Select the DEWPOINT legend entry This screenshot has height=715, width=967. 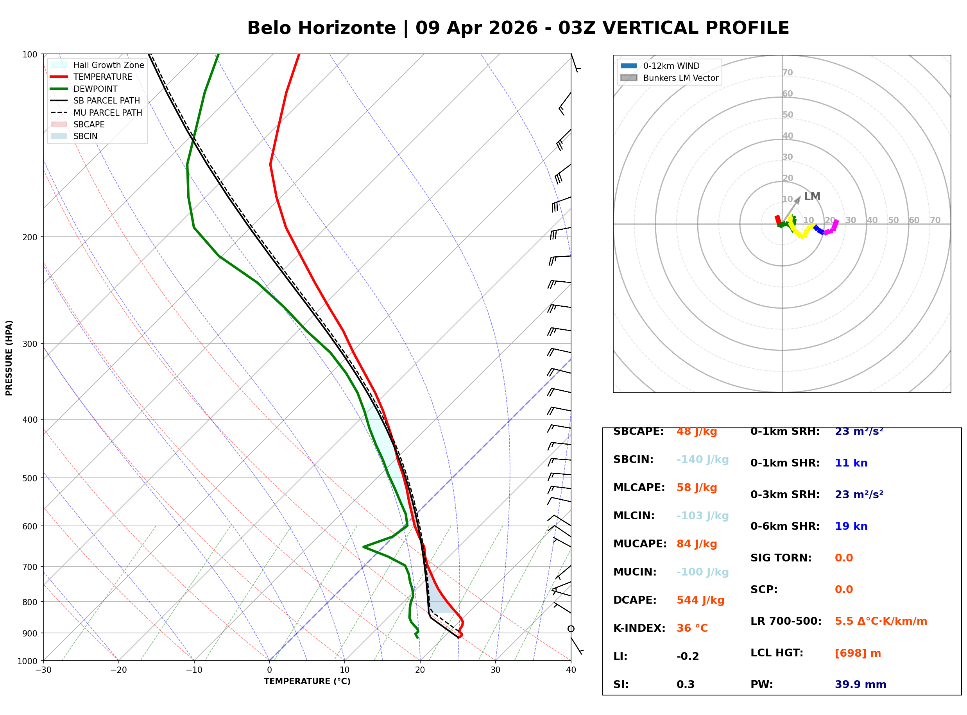pos(95,89)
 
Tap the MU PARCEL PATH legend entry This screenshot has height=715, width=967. pos(107,113)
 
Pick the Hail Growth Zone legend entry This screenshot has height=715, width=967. pos(108,65)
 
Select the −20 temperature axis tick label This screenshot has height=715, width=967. pos(118,670)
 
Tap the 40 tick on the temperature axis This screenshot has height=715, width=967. pos(571,670)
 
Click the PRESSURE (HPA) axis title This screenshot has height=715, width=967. pos(9,357)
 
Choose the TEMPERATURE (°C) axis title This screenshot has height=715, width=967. pos(307,681)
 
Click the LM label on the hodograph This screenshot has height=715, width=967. pos(812,197)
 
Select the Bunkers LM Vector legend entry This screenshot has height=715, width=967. pos(680,78)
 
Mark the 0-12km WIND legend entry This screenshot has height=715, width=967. pos(671,66)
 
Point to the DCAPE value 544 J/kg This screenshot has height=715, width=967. pos(700,600)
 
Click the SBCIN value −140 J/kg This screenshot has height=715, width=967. pos(702,459)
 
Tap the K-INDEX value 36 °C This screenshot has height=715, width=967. pos(692,628)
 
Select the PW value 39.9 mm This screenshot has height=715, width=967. pos(861,684)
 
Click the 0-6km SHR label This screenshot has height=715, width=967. pos(785,526)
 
